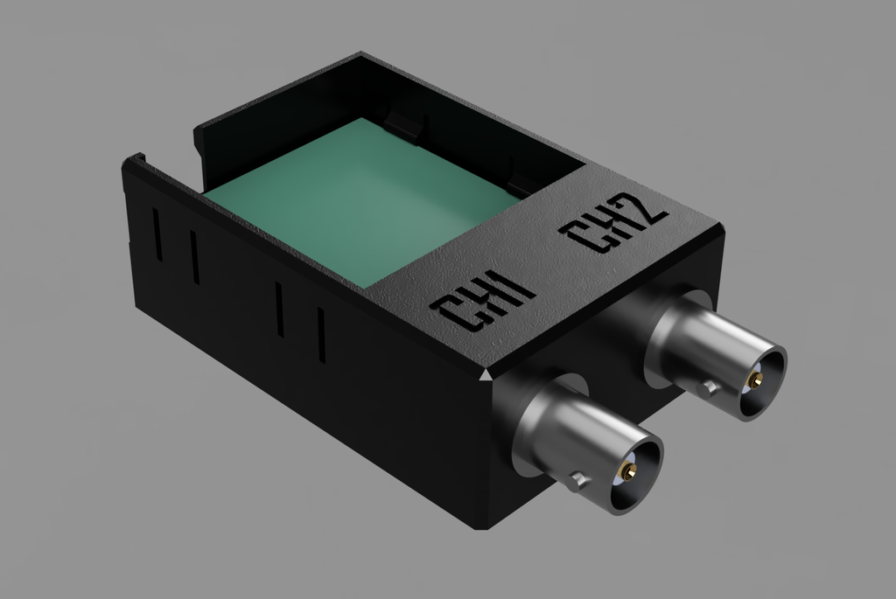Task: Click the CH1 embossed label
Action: tap(483, 301)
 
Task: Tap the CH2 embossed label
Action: tap(613, 222)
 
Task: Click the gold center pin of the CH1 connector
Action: tap(630, 471)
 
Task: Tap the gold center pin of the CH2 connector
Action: tap(757, 380)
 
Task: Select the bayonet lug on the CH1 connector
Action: tap(578, 478)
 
